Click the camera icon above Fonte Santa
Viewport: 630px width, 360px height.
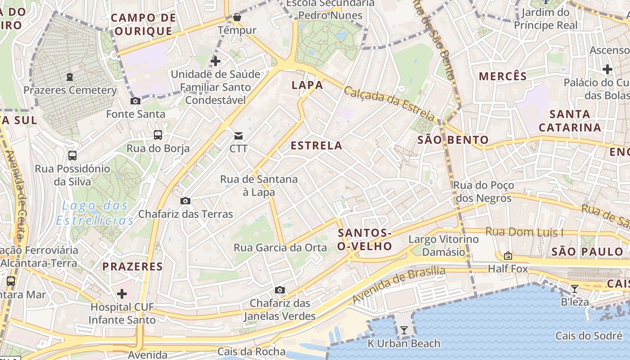click(x=135, y=101)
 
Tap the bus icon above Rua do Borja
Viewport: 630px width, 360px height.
click(x=157, y=135)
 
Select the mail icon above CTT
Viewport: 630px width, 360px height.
click(x=238, y=135)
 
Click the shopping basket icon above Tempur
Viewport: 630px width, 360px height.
click(x=237, y=18)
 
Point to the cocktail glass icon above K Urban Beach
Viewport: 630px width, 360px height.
click(x=404, y=330)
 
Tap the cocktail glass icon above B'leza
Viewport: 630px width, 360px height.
click(x=574, y=288)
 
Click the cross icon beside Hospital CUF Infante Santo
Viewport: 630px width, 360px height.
click(x=122, y=294)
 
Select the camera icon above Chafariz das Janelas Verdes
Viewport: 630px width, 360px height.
click(x=280, y=290)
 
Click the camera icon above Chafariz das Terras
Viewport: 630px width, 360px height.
click(x=185, y=201)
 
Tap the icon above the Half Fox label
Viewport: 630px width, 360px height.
click(x=508, y=256)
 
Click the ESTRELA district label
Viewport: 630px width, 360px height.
click(x=316, y=146)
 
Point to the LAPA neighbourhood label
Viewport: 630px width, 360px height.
click(x=307, y=85)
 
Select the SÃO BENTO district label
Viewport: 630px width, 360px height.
click(x=453, y=139)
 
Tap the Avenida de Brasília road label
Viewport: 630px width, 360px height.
click(x=399, y=284)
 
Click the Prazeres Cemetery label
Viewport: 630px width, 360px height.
click(x=70, y=90)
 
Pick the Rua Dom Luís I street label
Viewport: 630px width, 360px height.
click(x=524, y=232)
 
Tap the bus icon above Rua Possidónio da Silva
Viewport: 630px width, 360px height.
click(x=72, y=156)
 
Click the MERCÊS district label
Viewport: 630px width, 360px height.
click(x=503, y=76)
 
